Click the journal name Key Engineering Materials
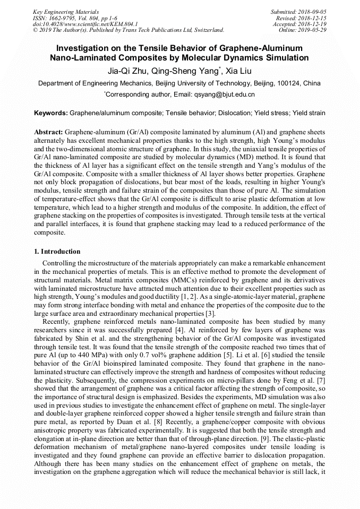pos(65,11)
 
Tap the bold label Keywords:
pos(50,113)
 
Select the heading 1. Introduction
pos(57,251)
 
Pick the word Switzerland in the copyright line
pos(206,30)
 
